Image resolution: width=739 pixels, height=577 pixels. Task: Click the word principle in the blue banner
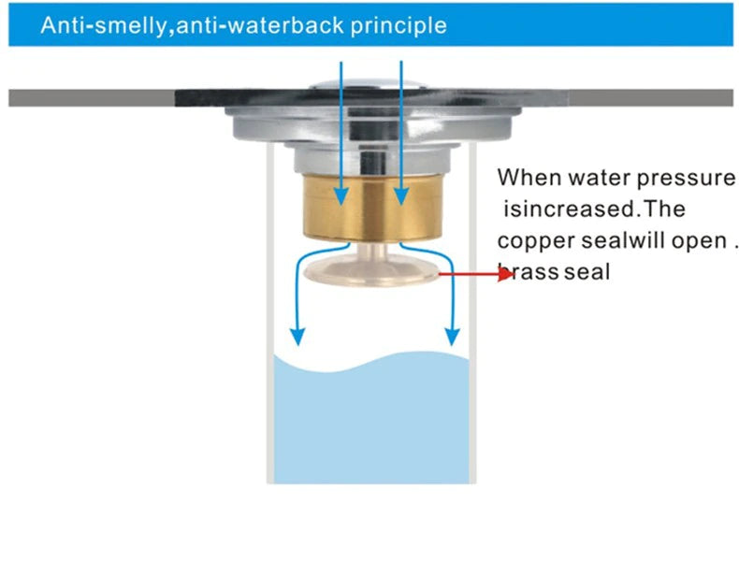[398, 25]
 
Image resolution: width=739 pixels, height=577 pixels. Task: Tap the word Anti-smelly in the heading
[104, 25]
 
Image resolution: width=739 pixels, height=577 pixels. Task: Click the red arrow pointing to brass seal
[476, 274]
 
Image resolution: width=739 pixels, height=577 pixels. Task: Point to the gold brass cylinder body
[372, 208]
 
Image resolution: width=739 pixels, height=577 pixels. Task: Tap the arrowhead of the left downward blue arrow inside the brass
[341, 196]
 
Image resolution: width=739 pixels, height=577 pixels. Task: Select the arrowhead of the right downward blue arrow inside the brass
[401, 196]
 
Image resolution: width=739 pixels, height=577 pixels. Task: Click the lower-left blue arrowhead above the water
[297, 337]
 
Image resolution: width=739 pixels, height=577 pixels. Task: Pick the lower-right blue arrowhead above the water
[453, 337]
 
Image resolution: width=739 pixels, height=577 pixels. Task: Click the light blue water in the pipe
[371, 418]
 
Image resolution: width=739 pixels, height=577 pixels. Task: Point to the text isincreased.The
[594, 209]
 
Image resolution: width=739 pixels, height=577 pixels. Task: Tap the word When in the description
[529, 178]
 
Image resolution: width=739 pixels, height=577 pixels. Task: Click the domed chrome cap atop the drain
[369, 84]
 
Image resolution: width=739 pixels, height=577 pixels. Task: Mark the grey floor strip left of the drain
[92, 98]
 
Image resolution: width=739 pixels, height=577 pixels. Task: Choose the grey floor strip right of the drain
[651, 98]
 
